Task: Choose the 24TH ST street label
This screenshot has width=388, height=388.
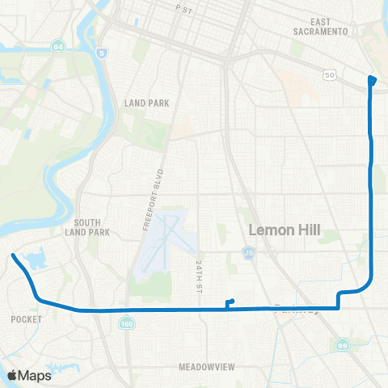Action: (x=200, y=276)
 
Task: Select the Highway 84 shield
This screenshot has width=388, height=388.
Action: (x=59, y=47)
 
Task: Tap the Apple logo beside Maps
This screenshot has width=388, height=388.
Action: (x=13, y=375)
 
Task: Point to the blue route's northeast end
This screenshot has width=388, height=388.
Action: (x=372, y=78)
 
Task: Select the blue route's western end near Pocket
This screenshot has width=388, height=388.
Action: (x=13, y=256)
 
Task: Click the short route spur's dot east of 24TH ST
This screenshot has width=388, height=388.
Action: (x=232, y=302)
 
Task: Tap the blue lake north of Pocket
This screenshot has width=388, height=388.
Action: (x=36, y=260)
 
